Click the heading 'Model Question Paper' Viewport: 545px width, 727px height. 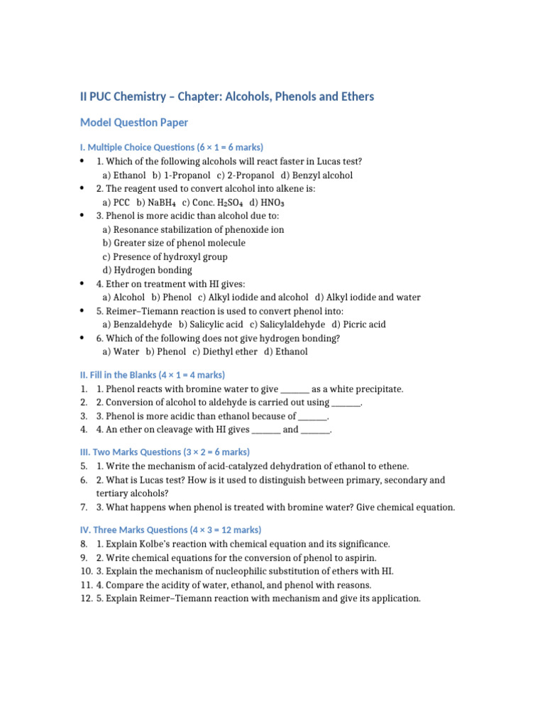click(x=134, y=123)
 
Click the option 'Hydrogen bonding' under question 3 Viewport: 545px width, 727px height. click(x=152, y=270)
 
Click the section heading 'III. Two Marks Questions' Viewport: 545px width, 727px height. click(x=165, y=452)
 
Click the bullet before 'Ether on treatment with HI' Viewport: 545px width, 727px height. click(x=83, y=283)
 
